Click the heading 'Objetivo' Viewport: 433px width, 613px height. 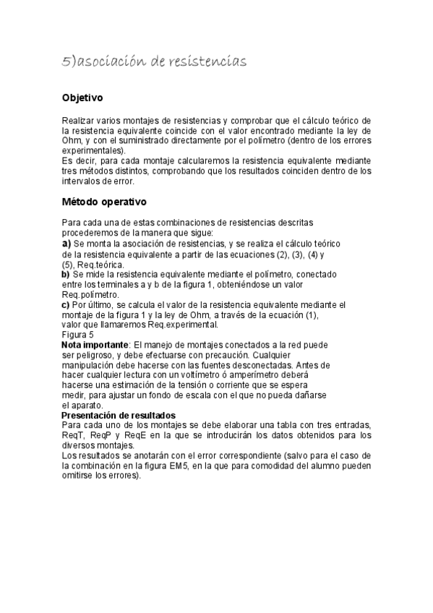[82, 97]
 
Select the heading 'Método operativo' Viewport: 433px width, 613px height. [104, 201]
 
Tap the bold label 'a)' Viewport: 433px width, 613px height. [66, 244]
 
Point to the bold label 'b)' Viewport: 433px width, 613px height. [66, 275]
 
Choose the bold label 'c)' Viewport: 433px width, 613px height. [66, 305]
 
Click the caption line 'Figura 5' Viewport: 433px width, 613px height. [77, 335]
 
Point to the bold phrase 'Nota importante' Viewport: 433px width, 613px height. [95, 346]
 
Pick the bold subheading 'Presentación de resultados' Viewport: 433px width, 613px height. [118, 416]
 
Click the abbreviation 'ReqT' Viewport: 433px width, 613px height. [73, 436]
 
